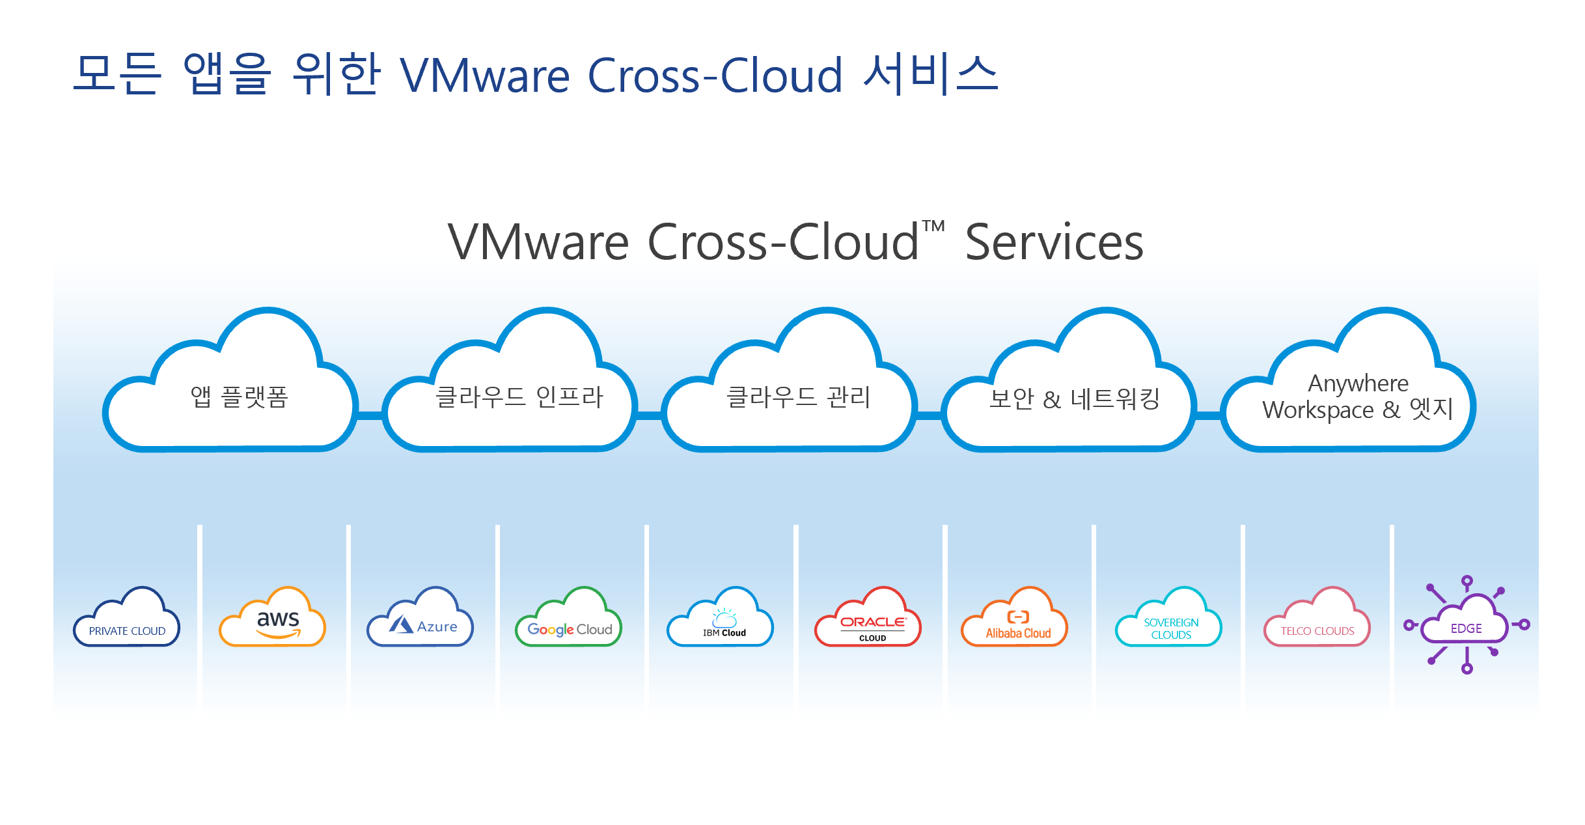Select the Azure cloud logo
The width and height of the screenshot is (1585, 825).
pos(422,622)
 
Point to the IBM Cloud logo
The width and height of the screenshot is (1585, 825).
pos(721,622)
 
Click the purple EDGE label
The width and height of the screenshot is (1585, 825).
pos(1466,628)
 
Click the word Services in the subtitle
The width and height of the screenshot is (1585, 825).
pos(1054,243)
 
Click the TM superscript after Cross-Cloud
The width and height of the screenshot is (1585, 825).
pos(933,226)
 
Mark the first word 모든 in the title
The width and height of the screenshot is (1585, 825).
pos(117,74)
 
